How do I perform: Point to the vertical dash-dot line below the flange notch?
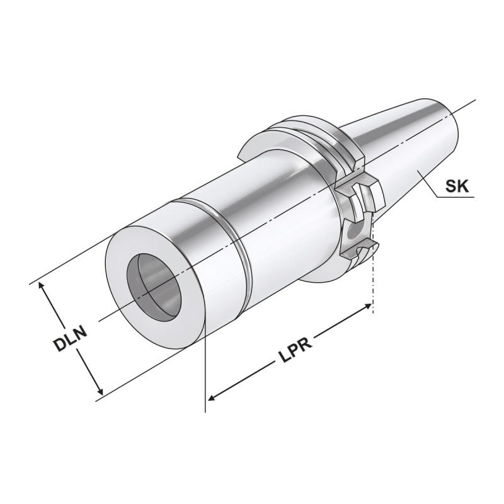pyautogui.click(x=374, y=283)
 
